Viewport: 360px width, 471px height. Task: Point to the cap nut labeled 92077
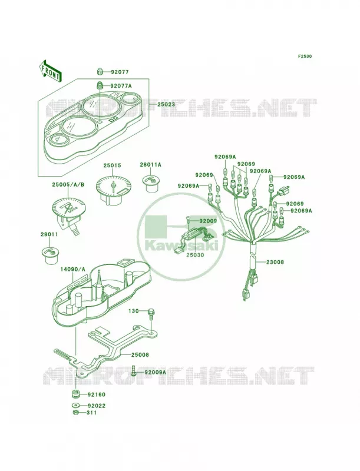(101, 72)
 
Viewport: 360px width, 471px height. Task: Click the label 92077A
(121, 86)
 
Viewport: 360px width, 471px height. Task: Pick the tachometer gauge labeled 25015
(112, 190)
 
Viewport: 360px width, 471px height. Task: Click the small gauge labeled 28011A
(150, 183)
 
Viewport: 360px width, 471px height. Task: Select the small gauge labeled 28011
(49, 256)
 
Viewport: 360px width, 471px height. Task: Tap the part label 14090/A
(74, 270)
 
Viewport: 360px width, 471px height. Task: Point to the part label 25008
(140, 355)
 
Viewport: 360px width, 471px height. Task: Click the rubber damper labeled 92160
(76, 393)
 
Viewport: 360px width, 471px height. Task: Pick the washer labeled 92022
(76, 406)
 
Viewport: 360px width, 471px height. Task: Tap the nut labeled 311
(76, 413)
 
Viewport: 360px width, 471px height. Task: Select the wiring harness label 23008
(275, 262)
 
